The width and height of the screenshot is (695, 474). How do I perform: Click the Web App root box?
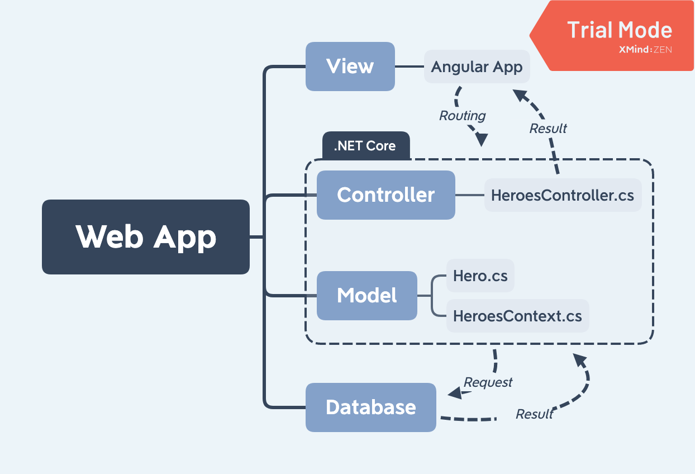(145, 237)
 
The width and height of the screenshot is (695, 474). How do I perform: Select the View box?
(350, 67)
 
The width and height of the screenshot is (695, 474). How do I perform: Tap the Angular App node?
(477, 67)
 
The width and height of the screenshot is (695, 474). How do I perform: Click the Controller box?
(385, 195)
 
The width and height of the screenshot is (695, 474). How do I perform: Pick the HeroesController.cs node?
(563, 195)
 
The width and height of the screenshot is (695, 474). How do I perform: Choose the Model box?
(366, 296)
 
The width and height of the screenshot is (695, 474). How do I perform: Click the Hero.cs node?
(480, 276)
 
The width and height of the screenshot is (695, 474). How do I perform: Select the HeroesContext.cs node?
(517, 316)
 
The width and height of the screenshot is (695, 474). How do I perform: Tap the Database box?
(370, 407)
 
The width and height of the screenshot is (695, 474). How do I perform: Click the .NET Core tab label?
(365, 146)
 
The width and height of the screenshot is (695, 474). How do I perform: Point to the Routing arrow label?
(462, 116)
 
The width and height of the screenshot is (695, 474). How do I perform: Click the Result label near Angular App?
(548, 129)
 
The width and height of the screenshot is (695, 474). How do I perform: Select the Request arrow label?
(488, 382)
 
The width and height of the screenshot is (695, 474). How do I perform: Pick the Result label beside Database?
(534, 414)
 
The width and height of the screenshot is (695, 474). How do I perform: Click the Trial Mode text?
(620, 30)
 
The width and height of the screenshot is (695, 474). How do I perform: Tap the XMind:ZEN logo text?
(645, 50)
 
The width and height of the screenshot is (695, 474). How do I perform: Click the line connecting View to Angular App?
(409, 67)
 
